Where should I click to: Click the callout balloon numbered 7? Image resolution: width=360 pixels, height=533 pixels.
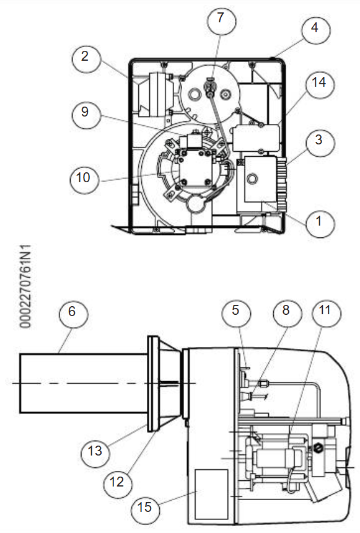click(x=221, y=21)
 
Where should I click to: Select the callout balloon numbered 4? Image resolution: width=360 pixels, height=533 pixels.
click(x=315, y=29)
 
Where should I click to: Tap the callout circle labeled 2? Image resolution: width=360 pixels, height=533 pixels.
click(x=86, y=59)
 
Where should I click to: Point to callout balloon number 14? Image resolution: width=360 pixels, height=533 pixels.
click(x=320, y=84)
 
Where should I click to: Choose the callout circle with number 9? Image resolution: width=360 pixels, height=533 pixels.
click(x=86, y=114)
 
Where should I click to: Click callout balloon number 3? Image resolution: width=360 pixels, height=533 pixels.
click(x=320, y=142)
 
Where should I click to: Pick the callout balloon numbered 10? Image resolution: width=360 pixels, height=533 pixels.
click(x=84, y=178)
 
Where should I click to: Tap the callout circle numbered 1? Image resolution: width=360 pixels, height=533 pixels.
click(x=320, y=223)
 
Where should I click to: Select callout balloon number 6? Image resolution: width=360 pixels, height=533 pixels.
click(x=74, y=314)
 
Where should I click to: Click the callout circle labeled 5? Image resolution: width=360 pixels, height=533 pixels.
click(x=236, y=312)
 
